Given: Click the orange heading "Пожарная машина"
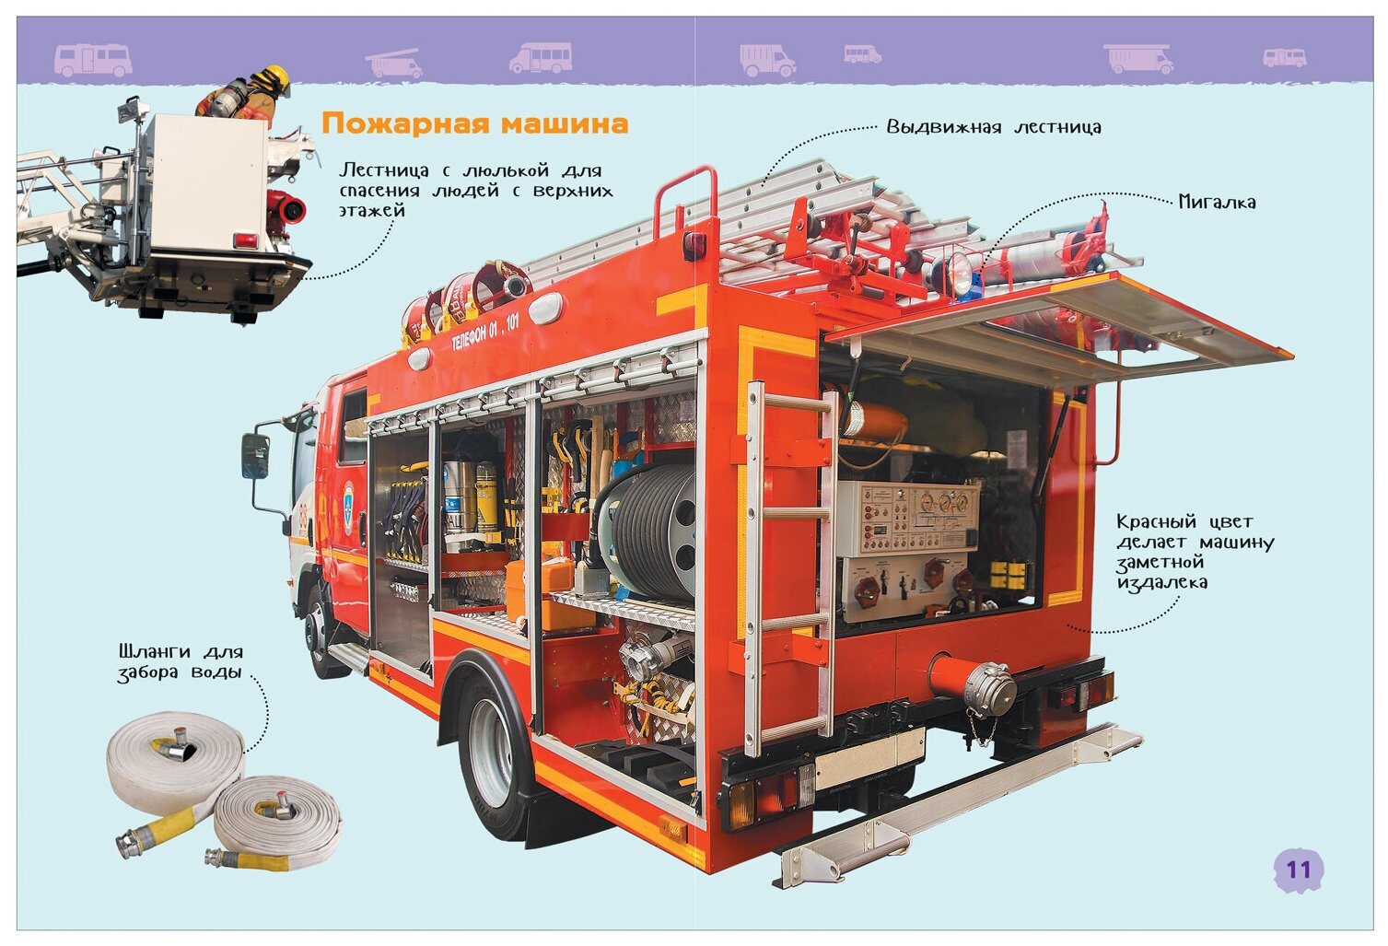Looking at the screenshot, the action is coord(474,123).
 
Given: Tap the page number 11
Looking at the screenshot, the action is coord(1298,870).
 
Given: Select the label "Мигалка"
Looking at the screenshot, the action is coord(1217,202).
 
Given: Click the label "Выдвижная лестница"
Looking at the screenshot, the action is coord(993,127).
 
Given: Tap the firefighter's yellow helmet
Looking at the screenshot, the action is coord(275,77).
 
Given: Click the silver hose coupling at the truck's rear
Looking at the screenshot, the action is coord(989,689).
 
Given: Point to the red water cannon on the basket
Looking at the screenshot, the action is coord(286,209).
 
